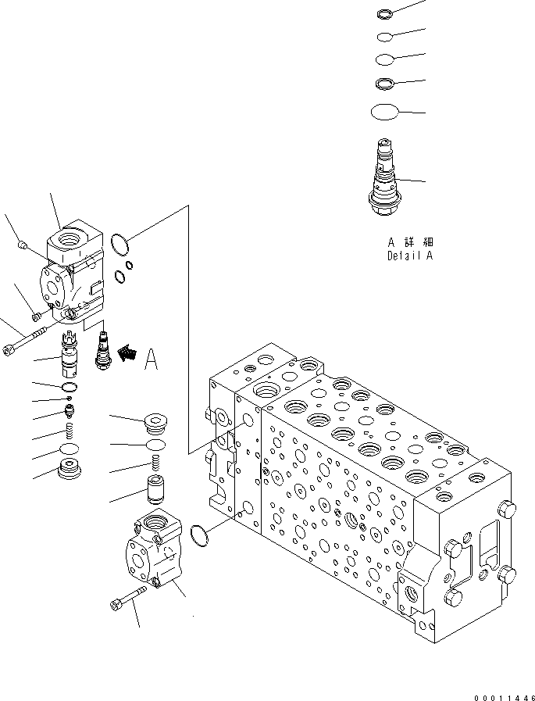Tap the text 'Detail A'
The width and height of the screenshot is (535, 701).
coord(409,256)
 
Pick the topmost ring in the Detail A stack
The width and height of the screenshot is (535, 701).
coord(385,13)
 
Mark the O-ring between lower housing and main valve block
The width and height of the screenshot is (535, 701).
coord(200,535)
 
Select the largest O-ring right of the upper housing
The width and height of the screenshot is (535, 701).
coord(119,244)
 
